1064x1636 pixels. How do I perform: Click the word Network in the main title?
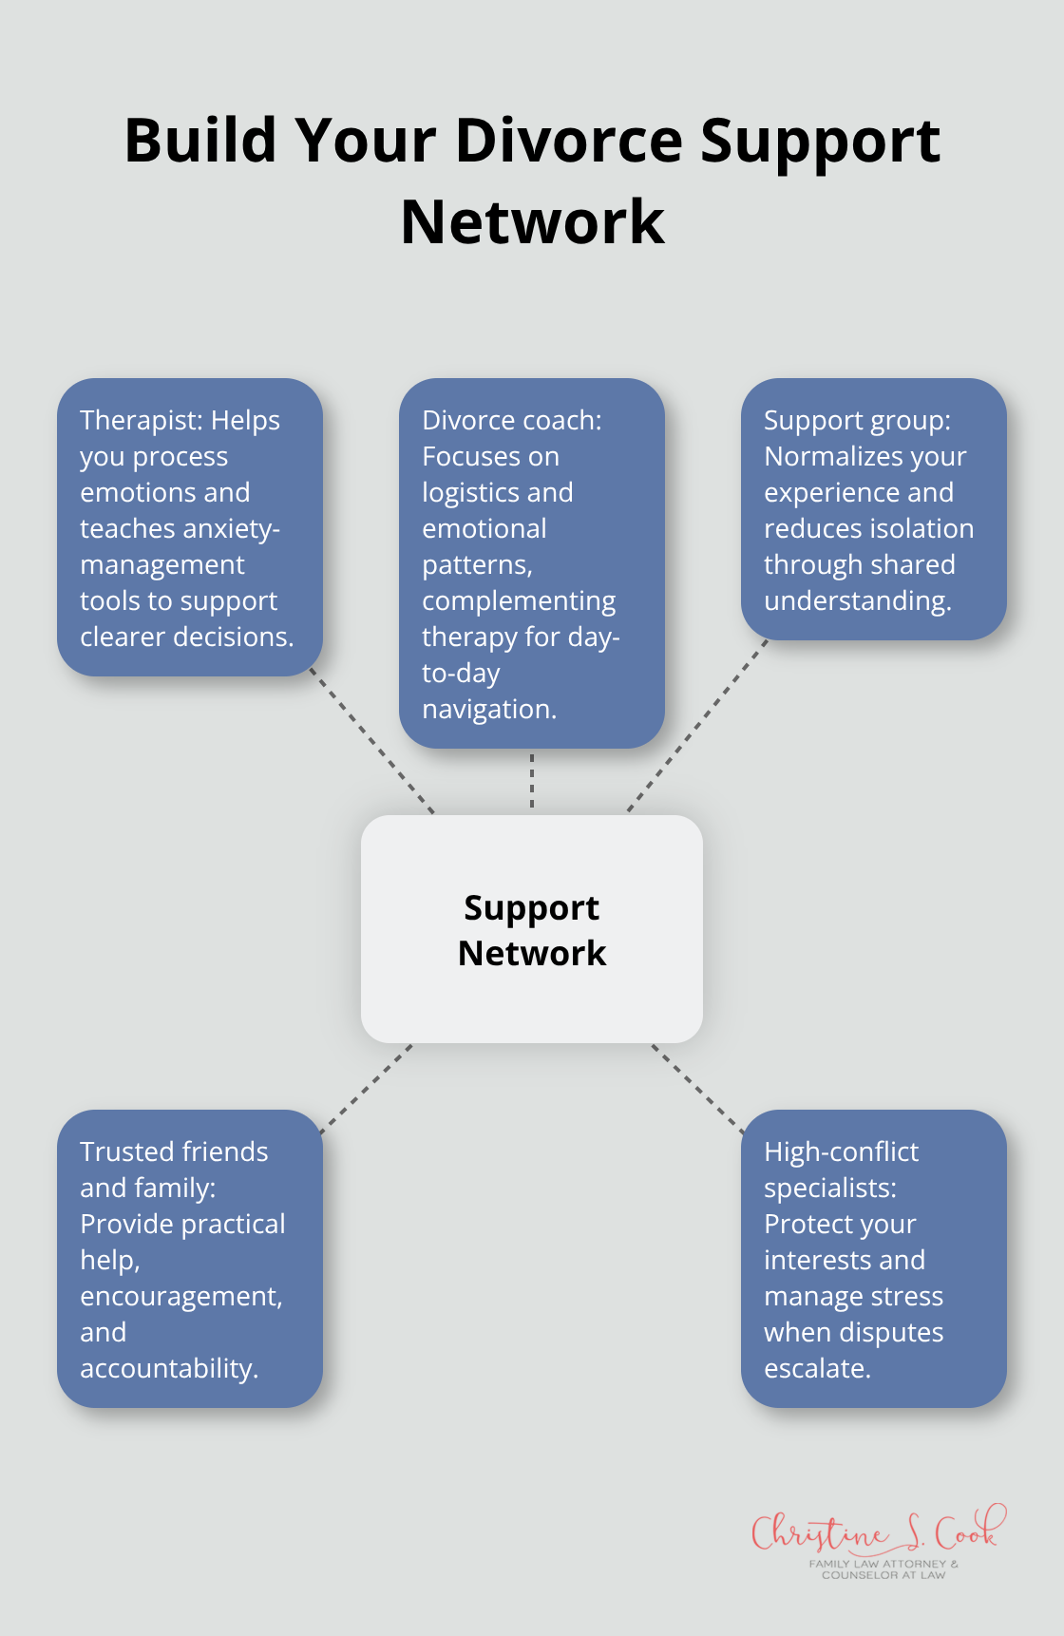click(532, 223)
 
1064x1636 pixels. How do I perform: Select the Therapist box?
click(190, 527)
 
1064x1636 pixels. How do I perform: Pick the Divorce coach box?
click(532, 563)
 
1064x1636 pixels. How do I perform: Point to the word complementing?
click(519, 601)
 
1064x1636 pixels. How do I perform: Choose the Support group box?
click(873, 509)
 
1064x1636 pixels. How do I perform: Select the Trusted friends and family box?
click(190, 1258)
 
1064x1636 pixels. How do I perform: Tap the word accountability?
click(168, 1369)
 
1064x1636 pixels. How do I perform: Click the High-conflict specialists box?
click(873, 1258)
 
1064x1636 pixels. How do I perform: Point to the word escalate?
click(816, 1369)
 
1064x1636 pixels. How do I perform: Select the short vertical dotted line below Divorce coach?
click(532, 781)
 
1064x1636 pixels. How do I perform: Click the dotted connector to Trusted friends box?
click(367, 1089)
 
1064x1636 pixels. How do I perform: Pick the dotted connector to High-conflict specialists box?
click(697, 1089)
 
